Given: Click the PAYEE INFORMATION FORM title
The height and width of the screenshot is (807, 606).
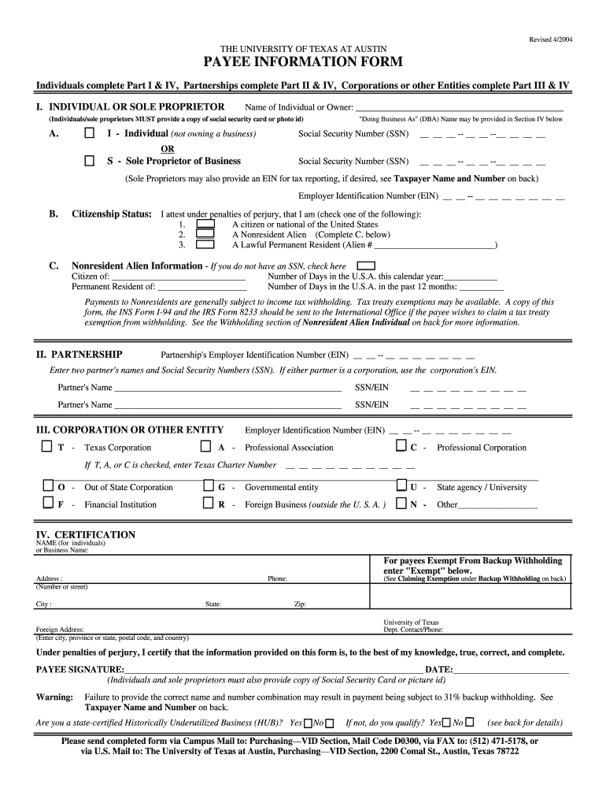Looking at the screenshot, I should click(303, 62).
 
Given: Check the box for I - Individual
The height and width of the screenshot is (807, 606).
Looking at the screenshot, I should click(89, 134).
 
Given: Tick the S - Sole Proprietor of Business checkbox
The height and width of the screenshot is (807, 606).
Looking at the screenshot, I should click(89, 161).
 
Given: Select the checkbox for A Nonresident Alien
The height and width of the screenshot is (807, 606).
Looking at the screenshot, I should click(205, 234).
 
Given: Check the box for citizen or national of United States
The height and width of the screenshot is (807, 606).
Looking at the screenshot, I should click(205, 224).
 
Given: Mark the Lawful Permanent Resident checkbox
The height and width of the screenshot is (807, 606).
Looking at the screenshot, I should click(205, 244).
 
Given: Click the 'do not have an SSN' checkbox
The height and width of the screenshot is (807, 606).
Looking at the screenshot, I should click(366, 266).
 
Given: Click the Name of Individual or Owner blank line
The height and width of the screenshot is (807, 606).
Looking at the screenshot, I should click(460, 108).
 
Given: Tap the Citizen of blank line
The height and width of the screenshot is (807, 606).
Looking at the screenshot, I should click(179, 277).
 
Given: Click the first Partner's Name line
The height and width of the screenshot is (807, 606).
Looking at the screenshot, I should click(227, 388).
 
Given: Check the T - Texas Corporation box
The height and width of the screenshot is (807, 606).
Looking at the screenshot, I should click(48, 447).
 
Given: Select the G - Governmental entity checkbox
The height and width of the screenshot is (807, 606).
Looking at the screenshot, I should click(208, 486).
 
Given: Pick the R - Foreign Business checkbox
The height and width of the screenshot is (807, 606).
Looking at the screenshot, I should click(208, 504).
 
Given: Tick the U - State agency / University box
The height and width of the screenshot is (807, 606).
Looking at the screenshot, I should click(401, 486).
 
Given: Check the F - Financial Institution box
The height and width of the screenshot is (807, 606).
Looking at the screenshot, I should click(48, 504).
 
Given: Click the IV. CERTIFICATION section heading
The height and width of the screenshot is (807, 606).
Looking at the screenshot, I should click(86, 535).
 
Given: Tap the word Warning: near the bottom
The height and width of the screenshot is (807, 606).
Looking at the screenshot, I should click(55, 697).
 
